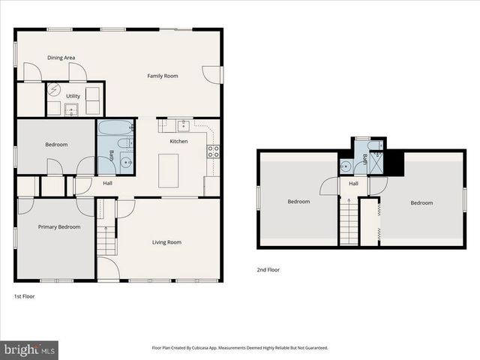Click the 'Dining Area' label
tap(61, 58)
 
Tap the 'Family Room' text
tap(162, 76)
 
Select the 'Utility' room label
tap(73, 96)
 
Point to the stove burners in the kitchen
tap(213, 149)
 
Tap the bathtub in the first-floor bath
tap(115, 127)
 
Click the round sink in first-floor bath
tap(126, 160)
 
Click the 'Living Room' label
tap(166, 242)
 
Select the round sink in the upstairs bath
tap(346, 166)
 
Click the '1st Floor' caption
tap(24, 296)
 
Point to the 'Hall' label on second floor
tap(353, 183)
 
